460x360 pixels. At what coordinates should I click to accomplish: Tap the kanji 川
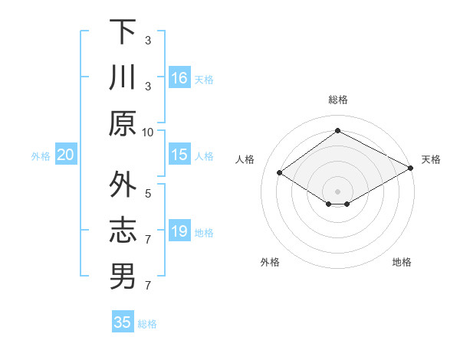click(123, 77)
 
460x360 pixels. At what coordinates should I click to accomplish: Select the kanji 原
click(123, 123)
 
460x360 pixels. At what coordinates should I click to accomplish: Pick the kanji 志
click(123, 231)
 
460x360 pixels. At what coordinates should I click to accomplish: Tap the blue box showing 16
click(179, 78)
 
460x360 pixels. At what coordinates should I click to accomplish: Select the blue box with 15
click(179, 155)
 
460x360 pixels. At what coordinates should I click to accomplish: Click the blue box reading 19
click(179, 231)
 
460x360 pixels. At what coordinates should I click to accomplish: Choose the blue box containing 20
click(66, 155)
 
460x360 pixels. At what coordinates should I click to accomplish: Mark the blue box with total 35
click(123, 322)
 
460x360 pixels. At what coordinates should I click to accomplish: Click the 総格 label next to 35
click(147, 324)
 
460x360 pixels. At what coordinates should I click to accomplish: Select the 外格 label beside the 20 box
click(41, 156)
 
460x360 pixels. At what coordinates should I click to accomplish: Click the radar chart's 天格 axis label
click(431, 159)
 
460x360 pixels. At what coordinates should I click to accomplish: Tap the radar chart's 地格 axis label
click(402, 262)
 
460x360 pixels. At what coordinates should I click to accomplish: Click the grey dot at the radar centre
click(337, 191)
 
